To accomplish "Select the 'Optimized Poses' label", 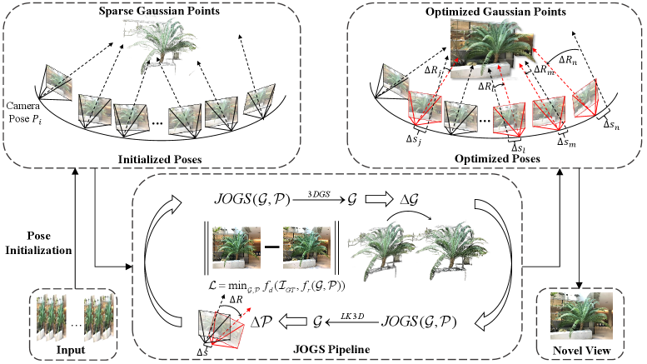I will point(496,156).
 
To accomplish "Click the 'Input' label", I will point(72,351).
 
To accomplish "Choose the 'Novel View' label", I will point(580,352).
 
